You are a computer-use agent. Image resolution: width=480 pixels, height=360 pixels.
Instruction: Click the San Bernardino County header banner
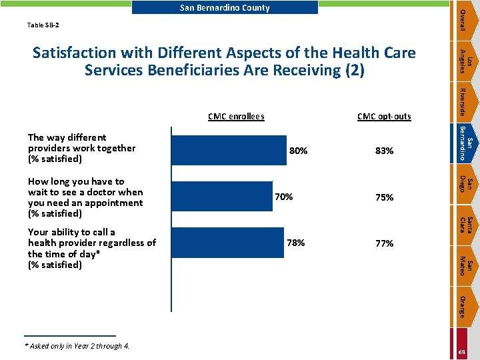(x=225, y=7)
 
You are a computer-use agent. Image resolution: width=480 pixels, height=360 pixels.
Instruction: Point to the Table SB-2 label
(x=43, y=25)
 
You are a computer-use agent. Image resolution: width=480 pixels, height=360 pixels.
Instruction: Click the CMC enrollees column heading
(x=236, y=116)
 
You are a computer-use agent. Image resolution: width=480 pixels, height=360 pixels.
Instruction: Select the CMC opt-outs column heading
(x=384, y=117)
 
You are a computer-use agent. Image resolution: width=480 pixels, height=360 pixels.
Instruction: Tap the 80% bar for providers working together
(x=229, y=150)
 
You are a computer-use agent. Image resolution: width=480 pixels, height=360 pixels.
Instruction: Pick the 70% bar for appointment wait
(x=222, y=196)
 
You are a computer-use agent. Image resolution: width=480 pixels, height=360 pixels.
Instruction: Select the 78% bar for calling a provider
(x=228, y=243)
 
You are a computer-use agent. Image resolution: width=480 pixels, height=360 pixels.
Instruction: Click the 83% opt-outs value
(x=384, y=151)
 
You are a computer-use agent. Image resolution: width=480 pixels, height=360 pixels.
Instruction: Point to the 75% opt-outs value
(x=385, y=197)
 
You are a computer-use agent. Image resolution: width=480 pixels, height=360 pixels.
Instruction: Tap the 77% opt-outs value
(x=385, y=243)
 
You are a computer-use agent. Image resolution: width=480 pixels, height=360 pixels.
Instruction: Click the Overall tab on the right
(x=465, y=21)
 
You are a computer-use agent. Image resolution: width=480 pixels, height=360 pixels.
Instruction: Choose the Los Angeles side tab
(x=465, y=61)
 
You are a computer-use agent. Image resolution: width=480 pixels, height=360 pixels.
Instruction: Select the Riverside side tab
(x=465, y=102)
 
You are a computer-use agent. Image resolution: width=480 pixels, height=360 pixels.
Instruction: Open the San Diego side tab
(x=465, y=184)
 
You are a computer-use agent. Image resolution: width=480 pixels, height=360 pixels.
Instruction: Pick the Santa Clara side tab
(x=465, y=225)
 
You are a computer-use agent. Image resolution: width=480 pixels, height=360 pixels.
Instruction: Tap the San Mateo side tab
(x=465, y=266)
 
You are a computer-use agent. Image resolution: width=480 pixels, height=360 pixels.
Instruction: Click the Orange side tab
(x=465, y=307)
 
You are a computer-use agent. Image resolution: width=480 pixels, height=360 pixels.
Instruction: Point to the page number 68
(x=462, y=352)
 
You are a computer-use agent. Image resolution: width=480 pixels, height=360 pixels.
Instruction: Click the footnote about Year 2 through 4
(x=77, y=346)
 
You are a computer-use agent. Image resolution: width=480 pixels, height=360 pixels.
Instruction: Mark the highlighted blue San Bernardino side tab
(x=465, y=143)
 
